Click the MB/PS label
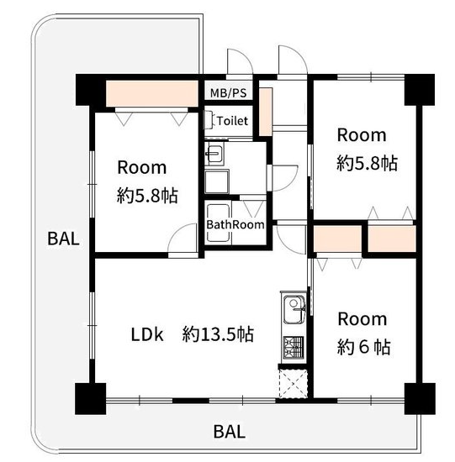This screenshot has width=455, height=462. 228,93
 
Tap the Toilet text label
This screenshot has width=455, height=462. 232,121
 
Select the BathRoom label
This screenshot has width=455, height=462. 235,225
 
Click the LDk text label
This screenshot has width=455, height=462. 147,334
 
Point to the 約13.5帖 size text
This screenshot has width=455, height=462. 218,334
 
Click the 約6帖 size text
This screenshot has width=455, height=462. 364,347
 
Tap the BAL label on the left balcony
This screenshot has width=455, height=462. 63,239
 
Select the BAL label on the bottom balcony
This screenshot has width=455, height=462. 230,432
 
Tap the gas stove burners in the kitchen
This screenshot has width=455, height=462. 294,347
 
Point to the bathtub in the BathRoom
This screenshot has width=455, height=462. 219,223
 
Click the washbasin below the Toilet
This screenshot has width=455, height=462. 214,153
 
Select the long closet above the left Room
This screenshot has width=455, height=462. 151,93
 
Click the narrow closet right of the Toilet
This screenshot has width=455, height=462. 265,112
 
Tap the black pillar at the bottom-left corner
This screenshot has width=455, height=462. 90,398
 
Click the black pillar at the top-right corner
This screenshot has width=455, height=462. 420,90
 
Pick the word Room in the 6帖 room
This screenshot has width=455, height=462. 362,319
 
